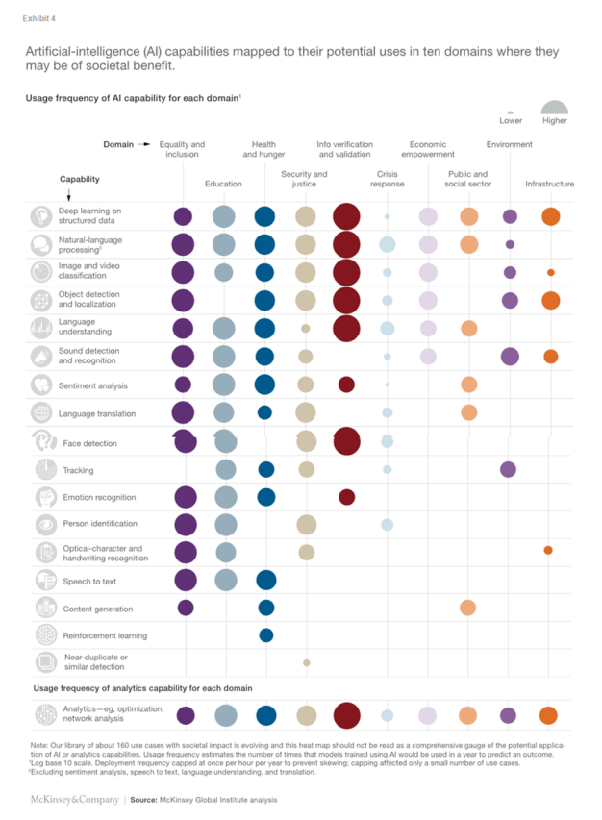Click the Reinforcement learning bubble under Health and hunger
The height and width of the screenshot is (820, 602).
266,635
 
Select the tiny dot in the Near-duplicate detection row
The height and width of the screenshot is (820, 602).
306,662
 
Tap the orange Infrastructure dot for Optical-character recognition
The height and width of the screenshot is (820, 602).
548,550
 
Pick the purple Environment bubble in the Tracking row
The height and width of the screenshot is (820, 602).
508,469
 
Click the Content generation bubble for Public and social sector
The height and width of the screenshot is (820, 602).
467,608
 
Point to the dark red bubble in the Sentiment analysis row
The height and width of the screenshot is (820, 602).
346,385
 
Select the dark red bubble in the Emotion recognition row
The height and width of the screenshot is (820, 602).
346,497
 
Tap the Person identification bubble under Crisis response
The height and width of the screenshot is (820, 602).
387,524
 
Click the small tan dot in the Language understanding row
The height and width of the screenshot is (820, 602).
306,329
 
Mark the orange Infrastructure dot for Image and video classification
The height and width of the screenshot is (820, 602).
550,272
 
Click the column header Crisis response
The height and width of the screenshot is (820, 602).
388,179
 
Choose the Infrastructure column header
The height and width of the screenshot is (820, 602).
549,184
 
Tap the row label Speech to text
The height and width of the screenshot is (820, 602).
89,581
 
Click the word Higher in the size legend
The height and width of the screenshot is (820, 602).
555,121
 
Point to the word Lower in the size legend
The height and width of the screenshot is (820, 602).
511,121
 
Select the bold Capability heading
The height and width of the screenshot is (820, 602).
80,179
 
